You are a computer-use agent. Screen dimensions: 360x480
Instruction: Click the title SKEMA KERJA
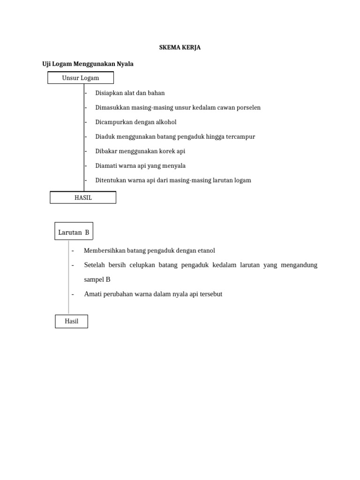pos(180,48)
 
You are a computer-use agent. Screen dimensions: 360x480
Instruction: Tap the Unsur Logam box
pos(81,78)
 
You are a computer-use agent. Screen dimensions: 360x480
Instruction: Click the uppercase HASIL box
pos(83,198)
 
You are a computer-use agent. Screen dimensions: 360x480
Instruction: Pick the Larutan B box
pos(74,232)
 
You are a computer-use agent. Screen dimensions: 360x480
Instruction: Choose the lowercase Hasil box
pos(71,321)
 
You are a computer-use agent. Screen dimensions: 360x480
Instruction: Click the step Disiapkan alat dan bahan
pos(130,93)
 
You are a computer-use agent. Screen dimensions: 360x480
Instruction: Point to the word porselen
pos(247,107)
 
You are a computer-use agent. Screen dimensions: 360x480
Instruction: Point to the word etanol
pos(205,251)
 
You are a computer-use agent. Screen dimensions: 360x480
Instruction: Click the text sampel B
pos(97,279)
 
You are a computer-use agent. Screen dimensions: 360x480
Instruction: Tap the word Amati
pos(93,294)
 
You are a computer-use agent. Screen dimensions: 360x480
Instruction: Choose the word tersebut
pos(209,294)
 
